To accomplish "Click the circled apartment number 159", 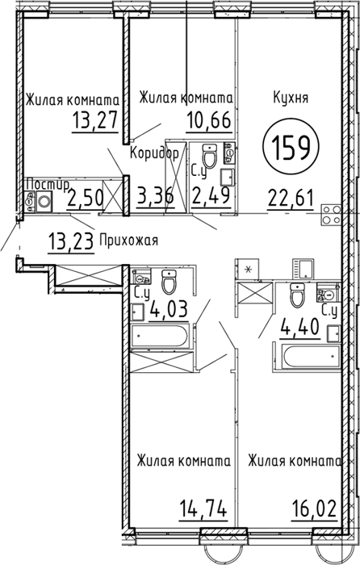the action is click(x=291, y=149).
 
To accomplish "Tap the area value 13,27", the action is click(x=95, y=120).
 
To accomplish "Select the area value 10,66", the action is click(x=208, y=120).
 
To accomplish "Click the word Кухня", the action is click(x=291, y=98).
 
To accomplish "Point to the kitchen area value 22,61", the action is click(x=290, y=198).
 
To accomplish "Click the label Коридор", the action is click(x=154, y=154).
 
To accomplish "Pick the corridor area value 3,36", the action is click(x=156, y=197).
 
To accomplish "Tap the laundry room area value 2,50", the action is click(x=85, y=197).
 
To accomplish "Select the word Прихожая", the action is click(x=128, y=240).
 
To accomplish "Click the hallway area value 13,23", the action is click(x=71, y=240).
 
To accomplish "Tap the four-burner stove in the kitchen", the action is click(x=331, y=215).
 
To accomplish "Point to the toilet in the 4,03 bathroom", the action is click(x=169, y=282).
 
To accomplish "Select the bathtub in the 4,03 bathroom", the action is click(x=159, y=337).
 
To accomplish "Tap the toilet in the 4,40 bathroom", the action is click(x=297, y=295).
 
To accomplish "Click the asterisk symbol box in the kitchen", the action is click(x=248, y=269).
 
